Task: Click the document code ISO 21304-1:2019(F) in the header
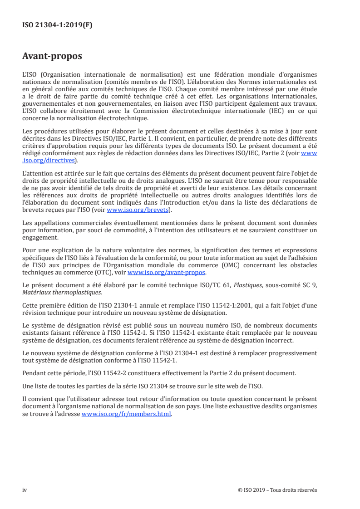[x=57, y=25]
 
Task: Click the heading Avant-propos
[x=52, y=56]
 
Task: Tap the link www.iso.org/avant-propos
[x=167, y=273]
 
